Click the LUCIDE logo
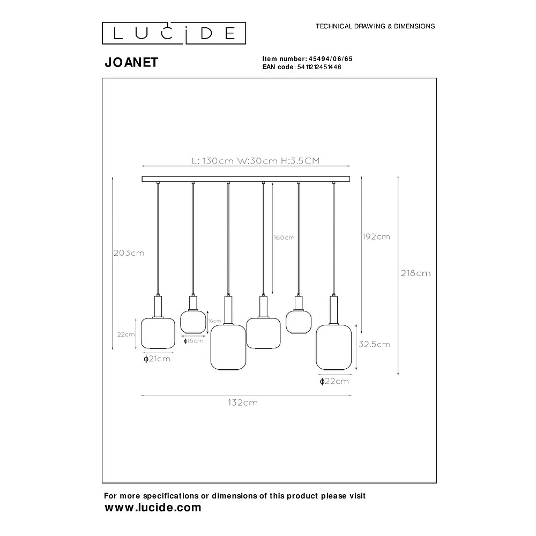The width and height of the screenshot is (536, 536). point(174,33)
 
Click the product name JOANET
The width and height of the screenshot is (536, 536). point(131,63)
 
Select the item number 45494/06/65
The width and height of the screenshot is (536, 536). point(331,59)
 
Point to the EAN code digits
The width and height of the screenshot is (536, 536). point(319,67)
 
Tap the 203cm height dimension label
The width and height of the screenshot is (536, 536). point(129,253)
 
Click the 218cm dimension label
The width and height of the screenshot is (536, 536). point(416,273)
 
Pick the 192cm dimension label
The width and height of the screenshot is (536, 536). point(376,236)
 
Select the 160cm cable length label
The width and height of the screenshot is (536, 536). point(284,237)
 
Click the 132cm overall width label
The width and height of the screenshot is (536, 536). point(243,403)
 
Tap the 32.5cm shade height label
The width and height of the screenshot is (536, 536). point(374,344)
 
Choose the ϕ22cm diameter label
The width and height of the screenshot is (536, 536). point(334,381)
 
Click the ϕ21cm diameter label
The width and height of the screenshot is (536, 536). point(157,359)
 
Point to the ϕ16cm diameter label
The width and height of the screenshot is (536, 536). point(193,341)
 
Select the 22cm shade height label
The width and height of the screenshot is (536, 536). point(126,334)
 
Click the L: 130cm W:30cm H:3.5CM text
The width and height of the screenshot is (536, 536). point(256,161)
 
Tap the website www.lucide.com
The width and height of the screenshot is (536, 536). point(153,508)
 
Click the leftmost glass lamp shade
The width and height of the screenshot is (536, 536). point(158,333)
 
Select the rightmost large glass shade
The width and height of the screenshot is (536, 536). point(333,347)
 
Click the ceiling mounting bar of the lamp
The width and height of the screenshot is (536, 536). point(246,179)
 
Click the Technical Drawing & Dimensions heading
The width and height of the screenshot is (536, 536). point(375,26)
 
